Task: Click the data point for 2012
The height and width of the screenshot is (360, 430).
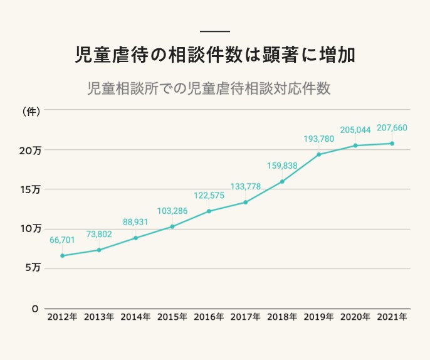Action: (x=62, y=256)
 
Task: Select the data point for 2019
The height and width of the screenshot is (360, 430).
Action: (x=319, y=154)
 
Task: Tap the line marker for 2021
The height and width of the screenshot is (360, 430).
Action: (x=392, y=144)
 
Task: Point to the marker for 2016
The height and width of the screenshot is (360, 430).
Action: (x=209, y=211)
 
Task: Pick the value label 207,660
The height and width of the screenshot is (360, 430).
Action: (x=392, y=128)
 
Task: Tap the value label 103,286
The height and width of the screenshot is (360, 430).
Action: (x=172, y=210)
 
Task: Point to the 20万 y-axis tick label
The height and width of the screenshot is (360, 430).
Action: (x=29, y=151)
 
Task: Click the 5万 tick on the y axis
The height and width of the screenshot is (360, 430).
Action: (x=33, y=268)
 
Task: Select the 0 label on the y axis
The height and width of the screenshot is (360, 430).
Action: (x=35, y=309)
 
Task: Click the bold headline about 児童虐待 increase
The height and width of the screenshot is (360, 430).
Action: (x=215, y=55)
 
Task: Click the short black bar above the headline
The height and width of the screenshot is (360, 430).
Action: (x=215, y=31)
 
